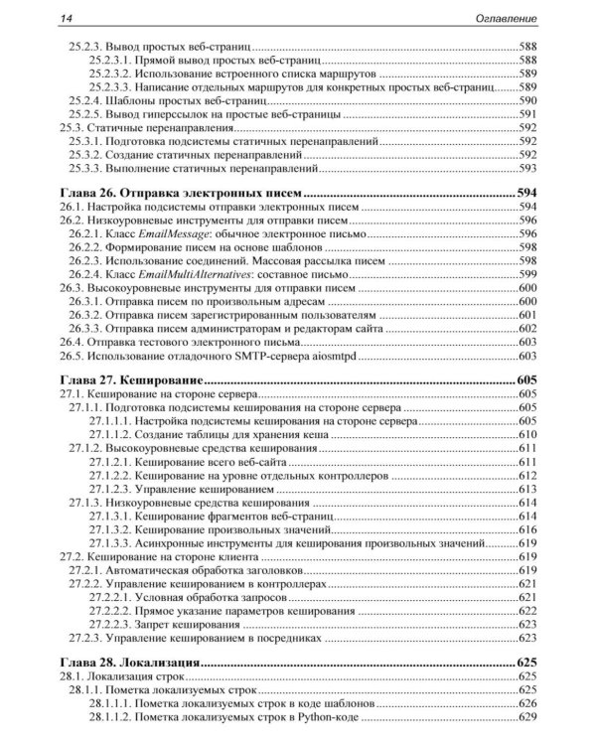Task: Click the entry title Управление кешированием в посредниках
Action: click(208, 639)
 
